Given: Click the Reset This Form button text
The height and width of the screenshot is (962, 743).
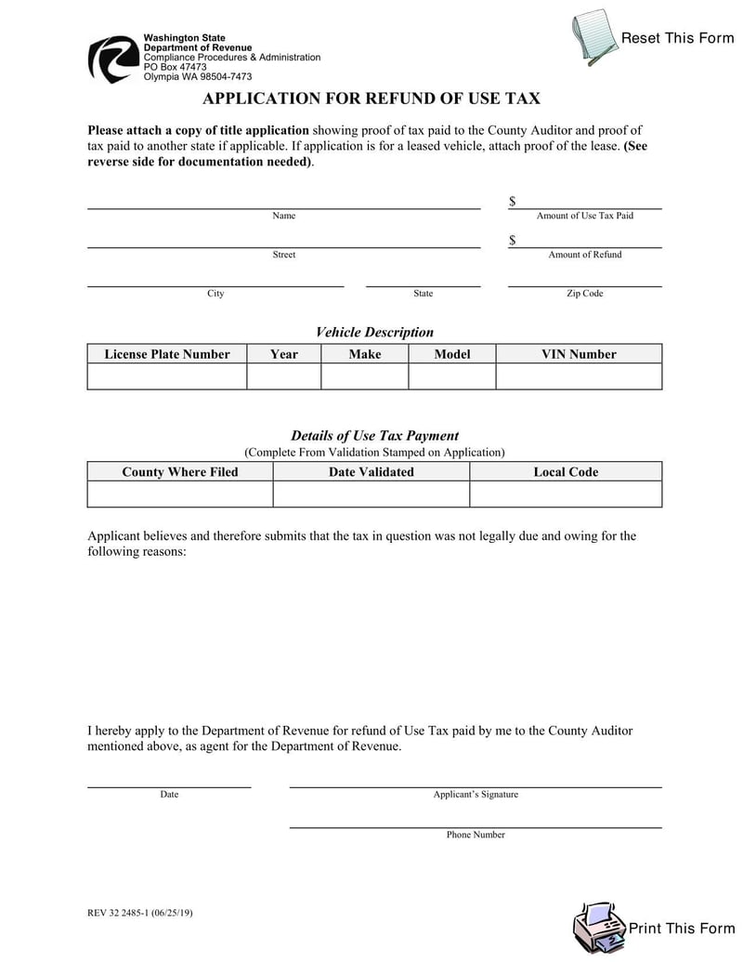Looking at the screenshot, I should click(677, 38).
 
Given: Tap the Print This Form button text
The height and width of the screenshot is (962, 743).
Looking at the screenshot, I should click(681, 929).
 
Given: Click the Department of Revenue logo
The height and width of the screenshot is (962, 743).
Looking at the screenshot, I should click(113, 59).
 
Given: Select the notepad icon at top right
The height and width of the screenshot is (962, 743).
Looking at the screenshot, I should click(594, 37).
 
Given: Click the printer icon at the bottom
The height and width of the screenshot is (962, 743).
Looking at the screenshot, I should click(599, 929).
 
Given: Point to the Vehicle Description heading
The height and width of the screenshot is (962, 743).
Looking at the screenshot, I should click(374, 332).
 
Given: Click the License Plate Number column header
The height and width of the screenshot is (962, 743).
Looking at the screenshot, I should click(167, 354).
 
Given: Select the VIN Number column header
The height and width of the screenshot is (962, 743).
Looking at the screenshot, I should click(579, 354).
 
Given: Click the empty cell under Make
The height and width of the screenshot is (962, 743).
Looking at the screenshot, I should click(364, 376).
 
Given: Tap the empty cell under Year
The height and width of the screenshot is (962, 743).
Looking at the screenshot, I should click(283, 376).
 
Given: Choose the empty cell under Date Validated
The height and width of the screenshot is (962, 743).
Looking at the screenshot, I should click(371, 494).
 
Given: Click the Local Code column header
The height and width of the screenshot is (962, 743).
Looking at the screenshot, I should click(566, 472).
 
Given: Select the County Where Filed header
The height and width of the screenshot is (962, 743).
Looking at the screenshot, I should click(180, 472).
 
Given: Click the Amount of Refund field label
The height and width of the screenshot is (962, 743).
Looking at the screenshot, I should click(585, 255).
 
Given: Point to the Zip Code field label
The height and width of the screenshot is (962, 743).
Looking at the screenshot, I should click(585, 294).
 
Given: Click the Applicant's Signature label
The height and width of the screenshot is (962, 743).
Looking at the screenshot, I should click(476, 795).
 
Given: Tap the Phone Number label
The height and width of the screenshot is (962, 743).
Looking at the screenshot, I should click(476, 835).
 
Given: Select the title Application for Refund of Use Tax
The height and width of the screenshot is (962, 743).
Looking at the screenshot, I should click(371, 99).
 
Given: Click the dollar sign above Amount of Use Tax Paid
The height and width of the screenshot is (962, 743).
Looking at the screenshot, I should click(512, 202).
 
